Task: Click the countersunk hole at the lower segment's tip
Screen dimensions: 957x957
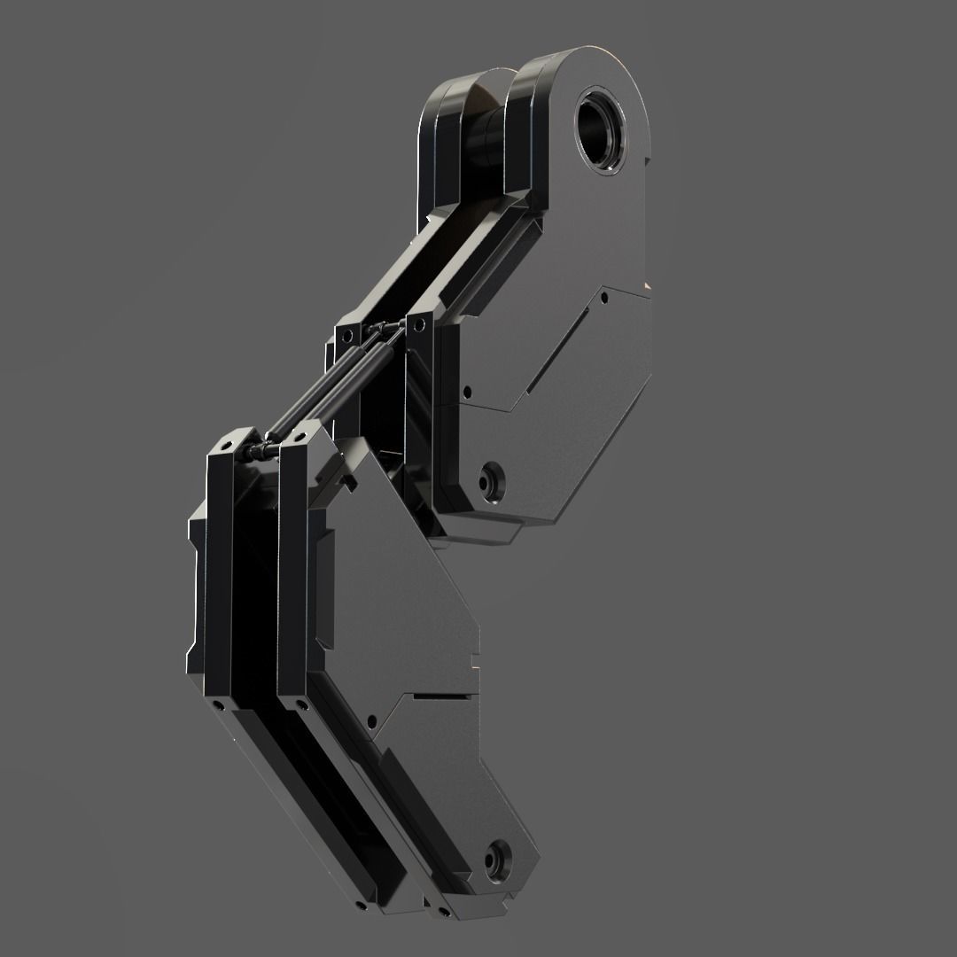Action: pyautogui.click(x=500, y=857)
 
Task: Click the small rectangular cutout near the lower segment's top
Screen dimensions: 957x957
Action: pyautogui.click(x=350, y=483)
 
